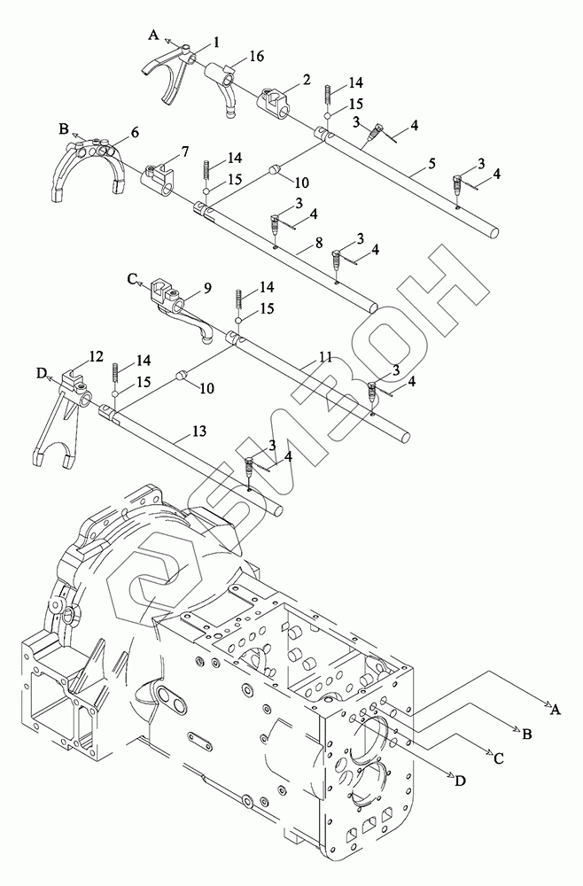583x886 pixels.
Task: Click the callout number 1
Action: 217,42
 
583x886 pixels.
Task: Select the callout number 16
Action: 256,56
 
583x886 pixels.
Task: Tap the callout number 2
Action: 306,80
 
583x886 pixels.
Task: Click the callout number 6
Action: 135,132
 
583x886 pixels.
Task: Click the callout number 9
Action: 207,288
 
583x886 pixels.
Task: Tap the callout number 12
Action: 96,356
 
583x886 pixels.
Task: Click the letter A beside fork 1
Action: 153,35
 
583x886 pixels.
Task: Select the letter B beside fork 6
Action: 64,129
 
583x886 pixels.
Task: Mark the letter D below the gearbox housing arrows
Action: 459,781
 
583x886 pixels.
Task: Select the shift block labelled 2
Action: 277,101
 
